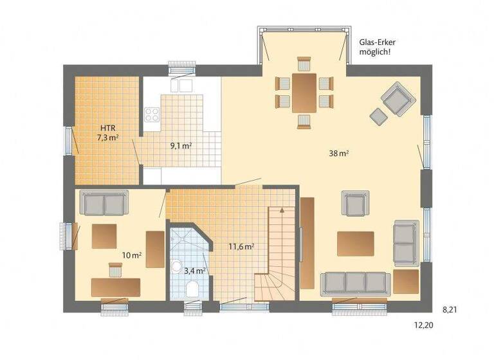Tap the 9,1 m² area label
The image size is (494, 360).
coord(181,146)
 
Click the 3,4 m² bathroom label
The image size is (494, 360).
coord(195,271)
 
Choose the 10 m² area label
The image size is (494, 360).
coord(132,255)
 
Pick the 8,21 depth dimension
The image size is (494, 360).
coord(451,309)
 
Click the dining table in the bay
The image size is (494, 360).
coord(304,92)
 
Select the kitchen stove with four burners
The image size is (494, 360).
coord(152,115)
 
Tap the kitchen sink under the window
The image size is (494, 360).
coord(180,85)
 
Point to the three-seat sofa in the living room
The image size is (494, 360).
coord(355,282)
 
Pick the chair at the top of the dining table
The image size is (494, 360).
coord(304,64)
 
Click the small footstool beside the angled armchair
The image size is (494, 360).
coord(378,116)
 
